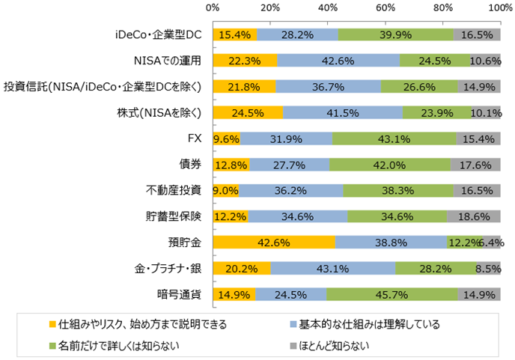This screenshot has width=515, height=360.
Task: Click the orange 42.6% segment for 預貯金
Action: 274,242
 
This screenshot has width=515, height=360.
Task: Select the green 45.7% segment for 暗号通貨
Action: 392,294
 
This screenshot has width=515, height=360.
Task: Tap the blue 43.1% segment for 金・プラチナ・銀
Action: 333,268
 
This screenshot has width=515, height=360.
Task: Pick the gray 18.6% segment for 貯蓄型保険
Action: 474,216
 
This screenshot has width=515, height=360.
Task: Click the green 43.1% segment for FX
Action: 394,138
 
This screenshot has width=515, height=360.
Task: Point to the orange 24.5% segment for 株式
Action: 248,113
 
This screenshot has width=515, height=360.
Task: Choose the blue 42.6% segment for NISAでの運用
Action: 338,61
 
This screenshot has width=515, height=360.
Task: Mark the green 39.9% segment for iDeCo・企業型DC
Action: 395,35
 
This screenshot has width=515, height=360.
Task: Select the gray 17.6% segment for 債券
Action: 475,165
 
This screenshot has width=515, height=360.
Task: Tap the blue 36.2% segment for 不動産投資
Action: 290,190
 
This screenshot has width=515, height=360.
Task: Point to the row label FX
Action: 195,138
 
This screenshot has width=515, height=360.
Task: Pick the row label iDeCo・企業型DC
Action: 159,35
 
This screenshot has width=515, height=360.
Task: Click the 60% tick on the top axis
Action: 386,9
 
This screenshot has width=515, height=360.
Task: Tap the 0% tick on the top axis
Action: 213,9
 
